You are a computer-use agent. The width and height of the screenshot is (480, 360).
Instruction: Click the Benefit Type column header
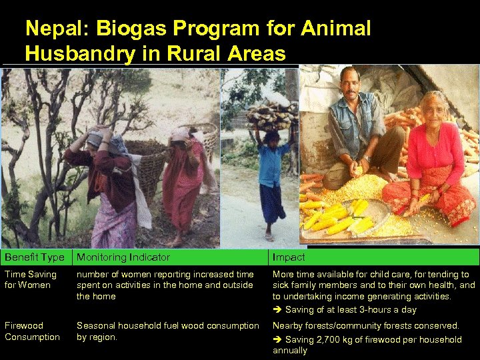(x=35, y=257)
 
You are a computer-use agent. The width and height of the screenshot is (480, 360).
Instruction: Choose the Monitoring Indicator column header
(x=123, y=257)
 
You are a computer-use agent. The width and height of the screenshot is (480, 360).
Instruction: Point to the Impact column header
(x=289, y=257)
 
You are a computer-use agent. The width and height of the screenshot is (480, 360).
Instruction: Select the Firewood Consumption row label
(x=32, y=331)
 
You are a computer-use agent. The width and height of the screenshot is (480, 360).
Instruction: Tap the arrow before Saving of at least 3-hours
(x=277, y=310)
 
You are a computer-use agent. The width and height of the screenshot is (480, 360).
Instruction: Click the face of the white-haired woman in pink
(x=435, y=109)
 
